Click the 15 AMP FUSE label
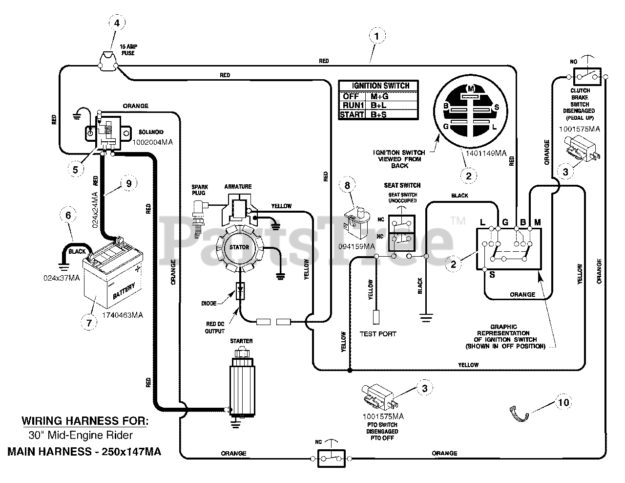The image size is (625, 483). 128,50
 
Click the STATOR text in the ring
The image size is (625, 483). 239,247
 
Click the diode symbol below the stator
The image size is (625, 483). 240,291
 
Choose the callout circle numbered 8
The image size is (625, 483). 347,185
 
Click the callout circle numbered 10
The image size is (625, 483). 563,402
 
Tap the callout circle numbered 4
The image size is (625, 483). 117,23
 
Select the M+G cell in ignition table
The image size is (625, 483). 379,96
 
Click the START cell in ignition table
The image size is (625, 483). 352,114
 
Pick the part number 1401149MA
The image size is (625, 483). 486,154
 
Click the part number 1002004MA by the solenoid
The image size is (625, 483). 152,142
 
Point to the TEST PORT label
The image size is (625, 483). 378,334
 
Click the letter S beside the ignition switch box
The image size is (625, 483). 492,275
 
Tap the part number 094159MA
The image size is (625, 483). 356,247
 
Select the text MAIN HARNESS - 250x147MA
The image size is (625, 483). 84,452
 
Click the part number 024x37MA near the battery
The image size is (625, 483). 62,278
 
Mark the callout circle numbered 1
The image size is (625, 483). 377,36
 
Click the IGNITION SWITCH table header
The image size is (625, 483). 380,86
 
